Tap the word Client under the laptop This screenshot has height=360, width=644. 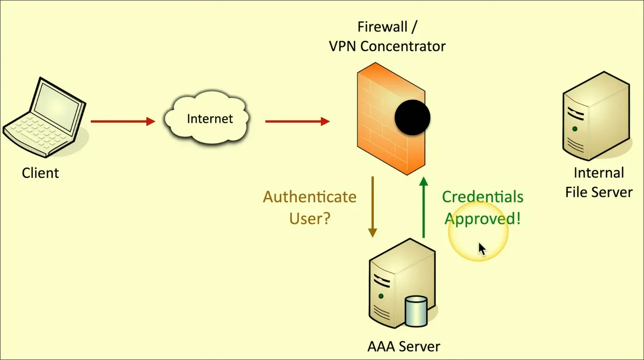(x=40, y=173)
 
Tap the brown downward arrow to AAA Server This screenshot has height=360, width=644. (x=373, y=207)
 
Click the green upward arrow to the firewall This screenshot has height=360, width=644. (x=424, y=207)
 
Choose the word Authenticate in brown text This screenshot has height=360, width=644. (x=310, y=197)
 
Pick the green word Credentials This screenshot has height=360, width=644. (x=483, y=197)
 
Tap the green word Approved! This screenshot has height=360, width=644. (x=483, y=219)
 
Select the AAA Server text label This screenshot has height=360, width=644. (x=404, y=347)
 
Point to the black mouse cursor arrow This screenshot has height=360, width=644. (x=481, y=248)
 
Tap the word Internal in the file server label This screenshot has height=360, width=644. (x=599, y=173)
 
